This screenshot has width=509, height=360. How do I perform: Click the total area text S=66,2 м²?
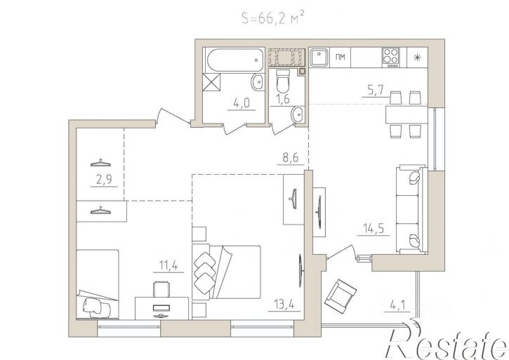272,18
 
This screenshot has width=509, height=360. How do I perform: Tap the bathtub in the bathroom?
235,60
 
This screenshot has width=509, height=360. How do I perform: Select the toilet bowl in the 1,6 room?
283,81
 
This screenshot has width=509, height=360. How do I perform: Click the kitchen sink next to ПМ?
319,57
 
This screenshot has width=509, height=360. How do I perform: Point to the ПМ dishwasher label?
340,58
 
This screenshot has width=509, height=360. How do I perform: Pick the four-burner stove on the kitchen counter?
391,58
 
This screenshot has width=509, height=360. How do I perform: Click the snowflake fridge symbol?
417,58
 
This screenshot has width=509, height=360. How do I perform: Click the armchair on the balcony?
341,296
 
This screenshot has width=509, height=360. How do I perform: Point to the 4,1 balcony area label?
397,306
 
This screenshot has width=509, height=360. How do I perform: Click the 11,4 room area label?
168,266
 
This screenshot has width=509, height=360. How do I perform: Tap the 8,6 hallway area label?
288,159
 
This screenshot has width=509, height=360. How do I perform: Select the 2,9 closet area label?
104,180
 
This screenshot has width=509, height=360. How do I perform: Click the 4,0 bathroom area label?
242,103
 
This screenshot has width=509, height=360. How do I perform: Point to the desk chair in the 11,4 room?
161,289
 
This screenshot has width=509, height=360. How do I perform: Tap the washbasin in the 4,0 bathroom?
258,82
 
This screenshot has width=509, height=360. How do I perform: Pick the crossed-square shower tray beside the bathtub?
211,82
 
